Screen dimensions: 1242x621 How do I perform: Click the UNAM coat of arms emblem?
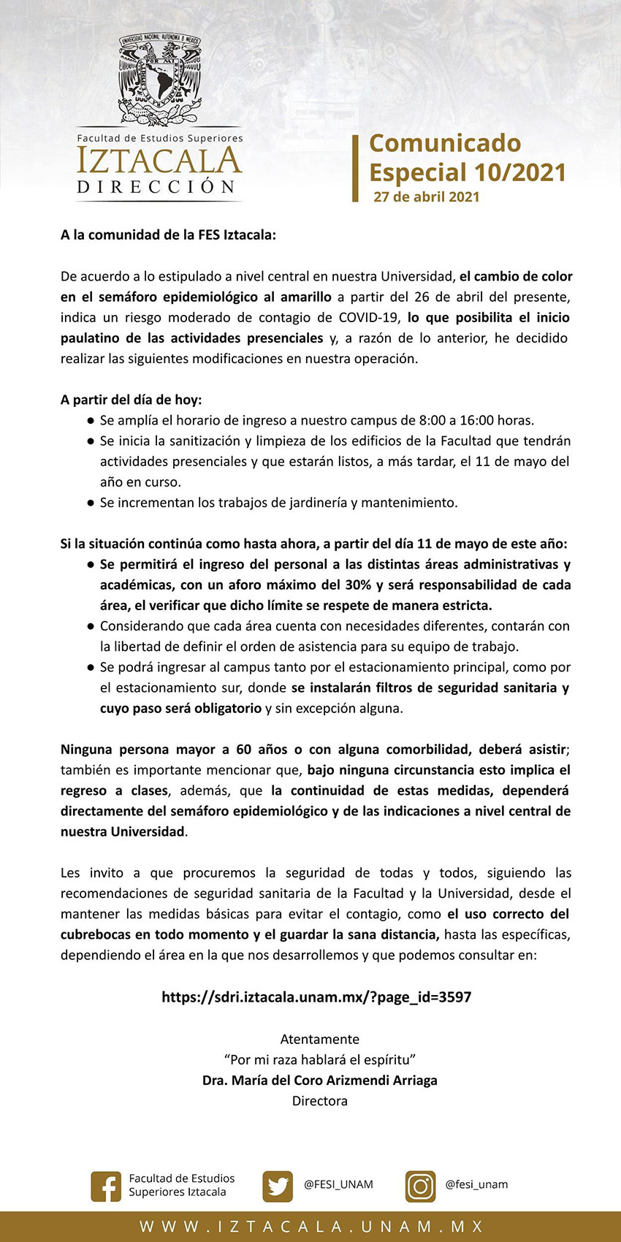[x=159, y=80]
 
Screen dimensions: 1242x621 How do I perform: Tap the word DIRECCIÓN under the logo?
[x=157, y=187]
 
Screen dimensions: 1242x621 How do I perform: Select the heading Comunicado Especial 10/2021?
[x=468, y=157]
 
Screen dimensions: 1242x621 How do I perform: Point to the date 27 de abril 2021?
[x=427, y=197]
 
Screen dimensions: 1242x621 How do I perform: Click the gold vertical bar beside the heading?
[x=356, y=168]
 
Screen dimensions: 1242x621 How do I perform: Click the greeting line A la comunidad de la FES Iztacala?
[x=169, y=235]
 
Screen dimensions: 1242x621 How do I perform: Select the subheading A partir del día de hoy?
[x=132, y=400]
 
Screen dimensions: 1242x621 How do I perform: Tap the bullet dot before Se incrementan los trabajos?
[x=91, y=503]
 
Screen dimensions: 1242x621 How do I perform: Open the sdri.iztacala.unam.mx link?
[x=316, y=997]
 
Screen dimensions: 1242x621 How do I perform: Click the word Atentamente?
[x=319, y=1039]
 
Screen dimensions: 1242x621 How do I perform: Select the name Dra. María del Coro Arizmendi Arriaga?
[x=319, y=1080]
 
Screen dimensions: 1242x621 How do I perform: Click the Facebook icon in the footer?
[x=106, y=1186]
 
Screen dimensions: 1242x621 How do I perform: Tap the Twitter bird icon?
[x=278, y=1186]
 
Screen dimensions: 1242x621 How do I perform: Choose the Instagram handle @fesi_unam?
[x=476, y=1184]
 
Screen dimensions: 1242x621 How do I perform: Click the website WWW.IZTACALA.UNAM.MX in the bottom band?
[x=311, y=1227]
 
